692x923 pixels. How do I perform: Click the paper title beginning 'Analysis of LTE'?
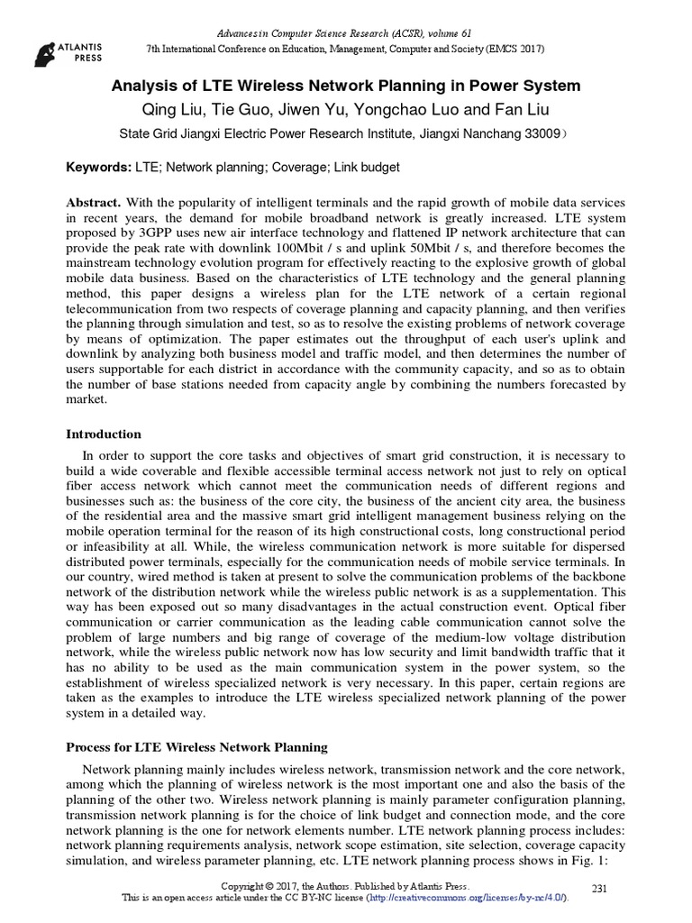[x=345, y=87]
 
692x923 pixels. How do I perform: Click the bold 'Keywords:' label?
[x=98, y=169]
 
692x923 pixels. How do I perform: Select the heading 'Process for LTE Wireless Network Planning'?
[x=197, y=747]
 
